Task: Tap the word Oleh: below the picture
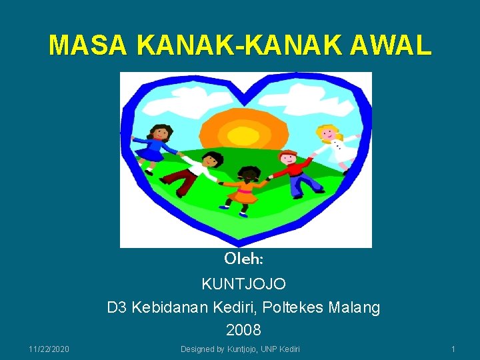coord(244,258)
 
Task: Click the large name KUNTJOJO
coord(244,284)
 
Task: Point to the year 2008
coord(243,330)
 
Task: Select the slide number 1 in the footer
coord(453,349)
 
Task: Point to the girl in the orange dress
coord(246,190)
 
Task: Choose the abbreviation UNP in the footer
coord(267,349)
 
